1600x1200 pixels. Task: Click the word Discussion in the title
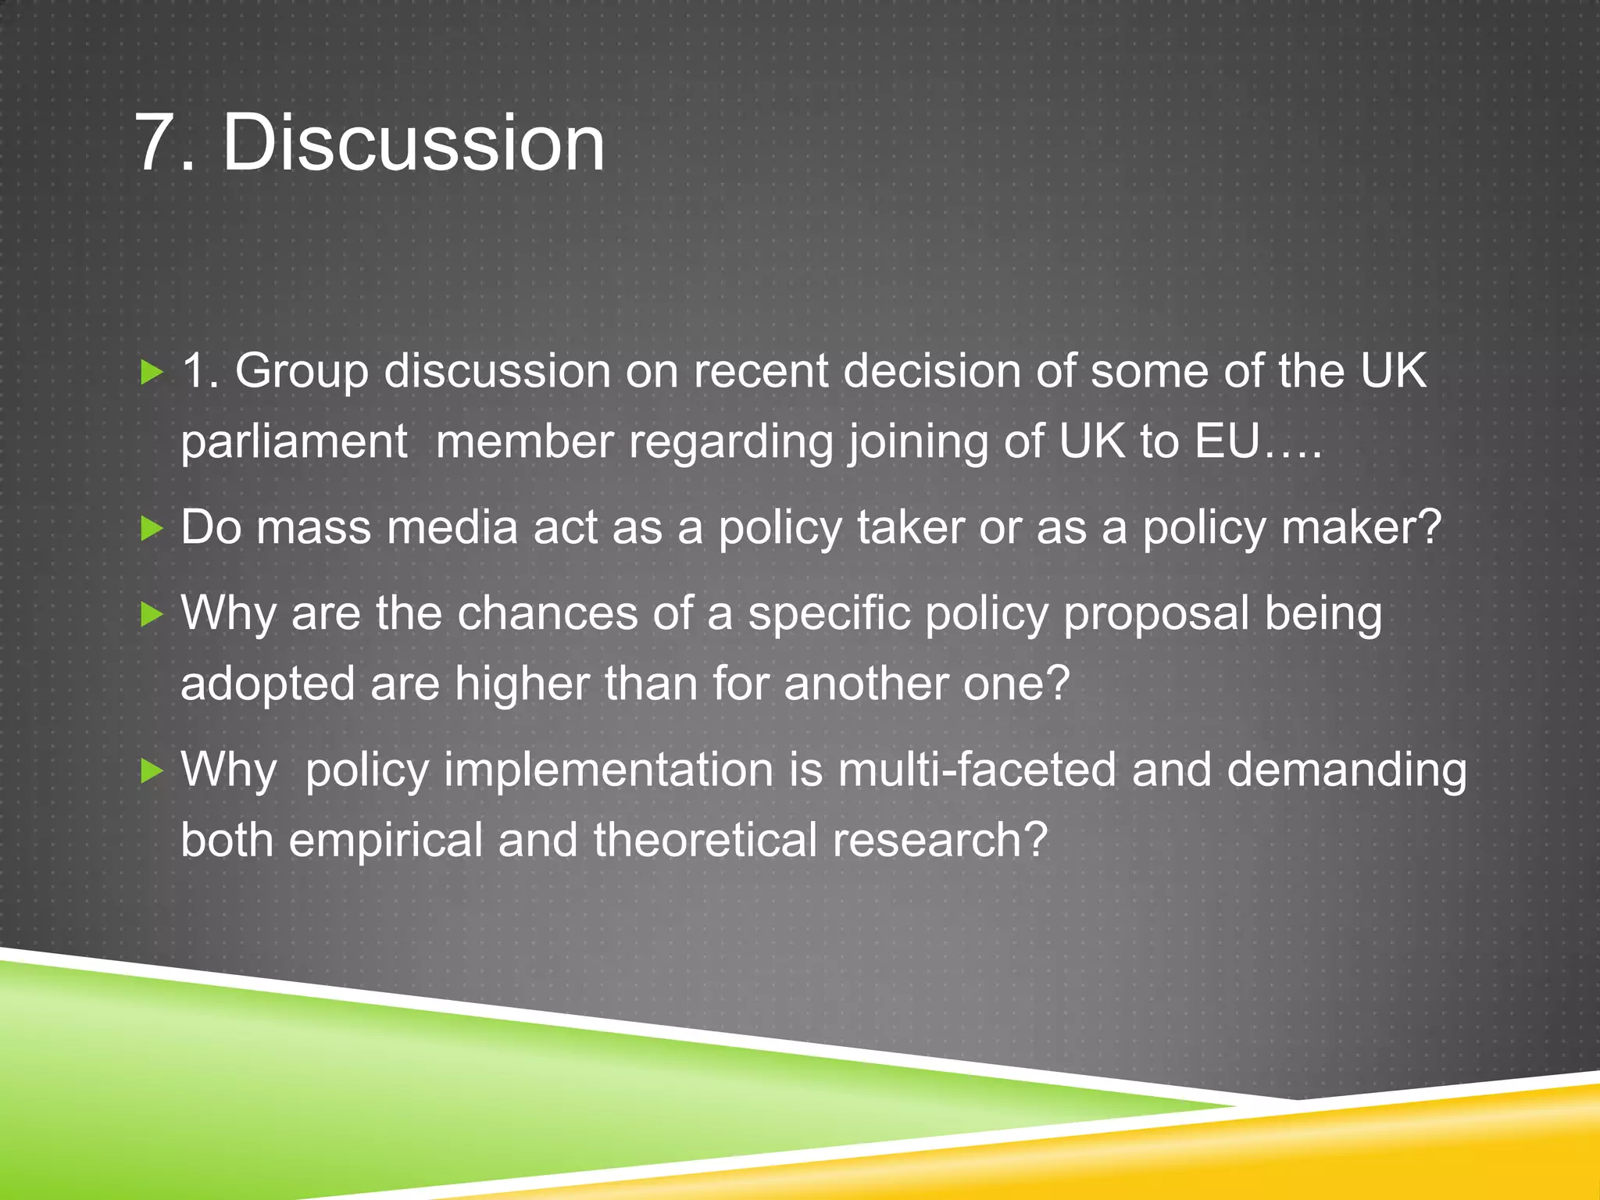pyautogui.click(x=414, y=142)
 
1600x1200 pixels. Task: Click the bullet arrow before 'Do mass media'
pyautogui.click(x=151, y=530)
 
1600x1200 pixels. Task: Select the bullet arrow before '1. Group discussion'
pyautogui.click(x=151, y=373)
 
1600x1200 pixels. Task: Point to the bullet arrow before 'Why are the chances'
pyautogui.click(x=151, y=615)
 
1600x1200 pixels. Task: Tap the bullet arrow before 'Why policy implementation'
pyautogui.click(x=151, y=772)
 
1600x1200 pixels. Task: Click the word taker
pyautogui.click(x=911, y=527)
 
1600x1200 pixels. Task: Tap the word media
pyautogui.click(x=452, y=527)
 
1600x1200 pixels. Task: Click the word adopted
pyautogui.click(x=268, y=685)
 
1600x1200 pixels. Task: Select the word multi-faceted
pyautogui.click(x=977, y=770)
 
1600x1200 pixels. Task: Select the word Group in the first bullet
pyautogui.click(x=302, y=373)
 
